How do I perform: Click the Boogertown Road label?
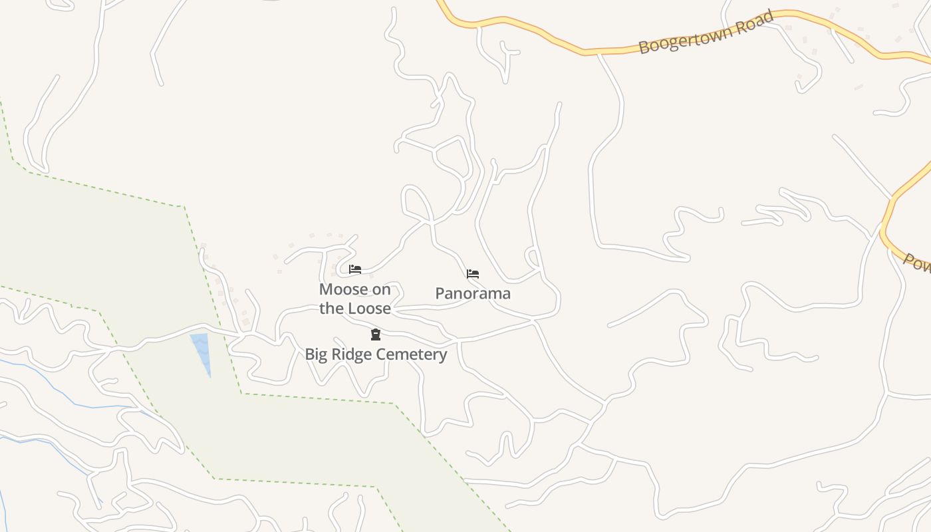tap(706, 32)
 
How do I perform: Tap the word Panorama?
tap(473, 293)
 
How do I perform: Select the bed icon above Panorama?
tap(473, 273)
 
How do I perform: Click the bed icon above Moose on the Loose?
tap(355, 269)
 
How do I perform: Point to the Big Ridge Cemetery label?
tap(376, 354)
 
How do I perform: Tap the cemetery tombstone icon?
tap(376, 334)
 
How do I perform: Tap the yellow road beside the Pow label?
tap(891, 243)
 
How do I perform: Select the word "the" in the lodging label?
tap(331, 309)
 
